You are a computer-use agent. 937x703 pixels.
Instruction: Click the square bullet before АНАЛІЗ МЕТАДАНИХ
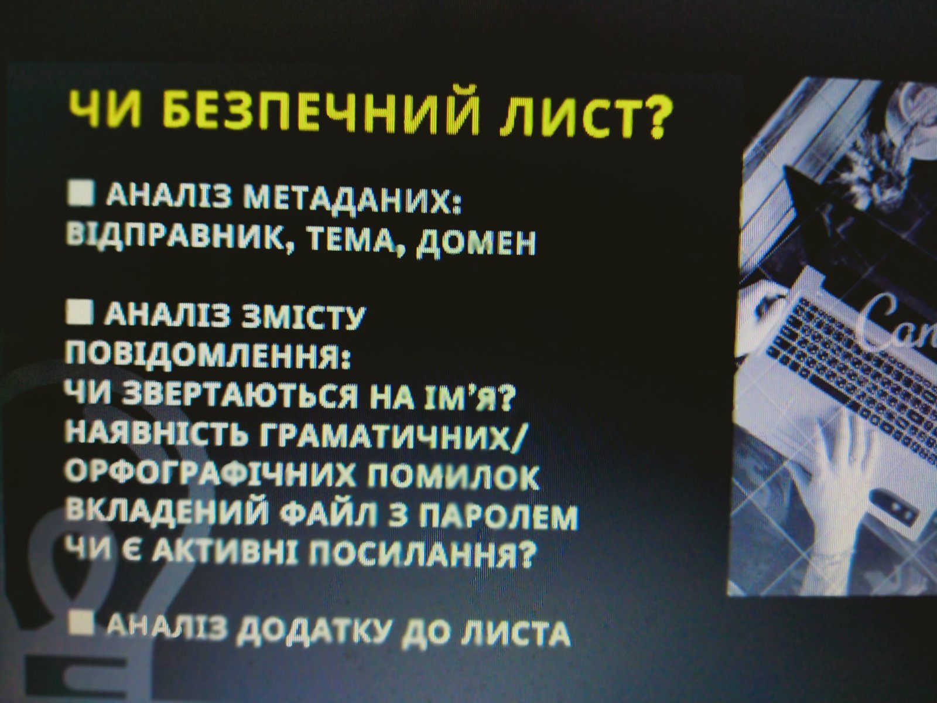pos(81,193)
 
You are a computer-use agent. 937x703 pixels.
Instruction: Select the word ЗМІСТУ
pos(303,317)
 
